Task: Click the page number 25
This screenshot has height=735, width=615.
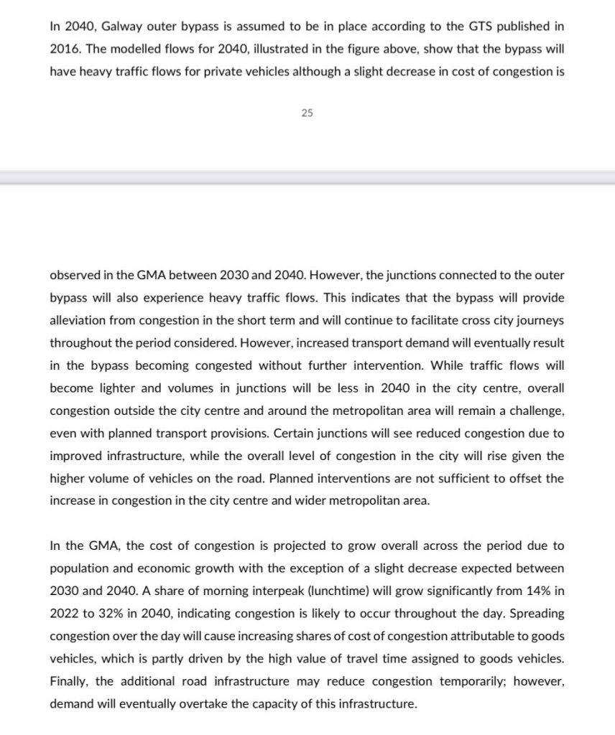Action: coord(307,112)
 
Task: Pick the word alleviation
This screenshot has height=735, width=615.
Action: coord(79,319)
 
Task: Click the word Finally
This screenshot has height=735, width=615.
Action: coord(71,681)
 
